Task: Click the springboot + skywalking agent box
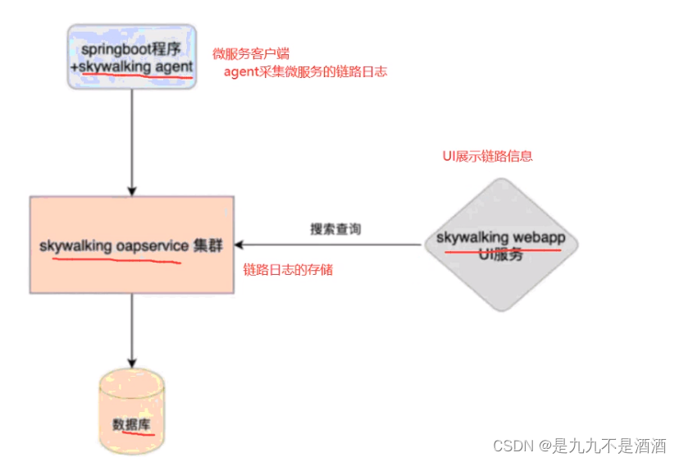click(x=132, y=57)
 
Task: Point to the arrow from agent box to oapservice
click(x=132, y=140)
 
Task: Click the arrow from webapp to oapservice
click(x=328, y=245)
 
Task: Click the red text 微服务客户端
click(x=244, y=53)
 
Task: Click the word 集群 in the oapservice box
click(x=208, y=245)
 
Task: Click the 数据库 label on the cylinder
click(x=131, y=424)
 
